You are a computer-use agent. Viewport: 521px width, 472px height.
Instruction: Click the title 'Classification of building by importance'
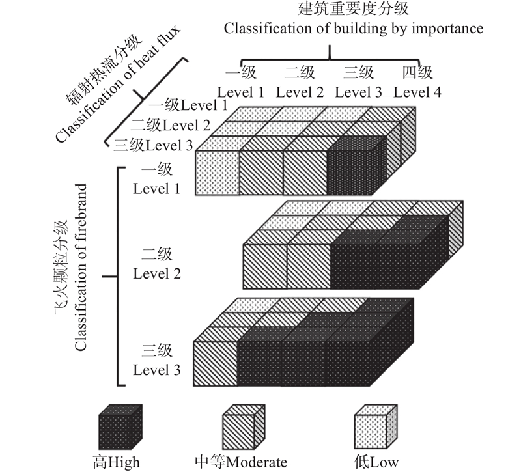[x=354, y=29]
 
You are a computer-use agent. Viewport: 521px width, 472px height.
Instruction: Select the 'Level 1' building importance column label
[x=240, y=92]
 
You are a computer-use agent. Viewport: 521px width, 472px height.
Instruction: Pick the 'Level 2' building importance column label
[x=300, y=92]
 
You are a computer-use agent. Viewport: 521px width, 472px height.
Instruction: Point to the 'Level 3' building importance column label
[x=358, y=92]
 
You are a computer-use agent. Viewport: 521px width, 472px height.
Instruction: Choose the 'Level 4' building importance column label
[x=417, y=92]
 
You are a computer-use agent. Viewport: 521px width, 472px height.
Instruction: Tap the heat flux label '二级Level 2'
[x=171, y=125]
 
